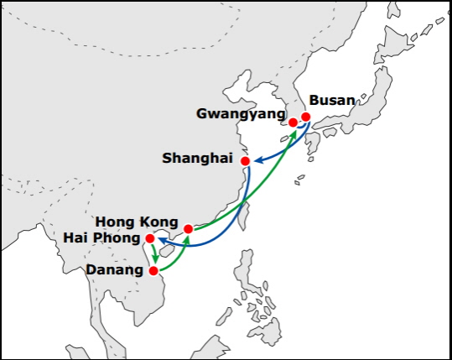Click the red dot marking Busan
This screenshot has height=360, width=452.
pos(306,117)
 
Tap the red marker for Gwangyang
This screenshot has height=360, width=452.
pos(293,123)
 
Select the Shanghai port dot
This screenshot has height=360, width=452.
pos(246,161)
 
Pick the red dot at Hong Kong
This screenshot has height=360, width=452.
pos(188,229)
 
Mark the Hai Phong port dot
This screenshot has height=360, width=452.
pos(150,238)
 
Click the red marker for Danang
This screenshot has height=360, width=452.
pos(153,271)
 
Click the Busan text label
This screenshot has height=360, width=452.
pos(332,101)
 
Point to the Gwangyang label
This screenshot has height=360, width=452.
pos(241,114)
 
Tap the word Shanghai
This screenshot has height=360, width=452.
pos(197,159)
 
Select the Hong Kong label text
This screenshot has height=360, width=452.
pos(137,222)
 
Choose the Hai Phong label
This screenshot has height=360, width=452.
pos(101,238)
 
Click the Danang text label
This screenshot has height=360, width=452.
pos(115,270)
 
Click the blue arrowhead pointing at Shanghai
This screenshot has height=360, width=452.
pos(257,160)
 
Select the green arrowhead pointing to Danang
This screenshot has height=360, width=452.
pos(156,259)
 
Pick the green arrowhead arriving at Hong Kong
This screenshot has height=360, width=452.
pos(187,239)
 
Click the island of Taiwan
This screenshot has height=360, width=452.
pos(243,216)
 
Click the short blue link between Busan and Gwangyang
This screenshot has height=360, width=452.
pos(301,127)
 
